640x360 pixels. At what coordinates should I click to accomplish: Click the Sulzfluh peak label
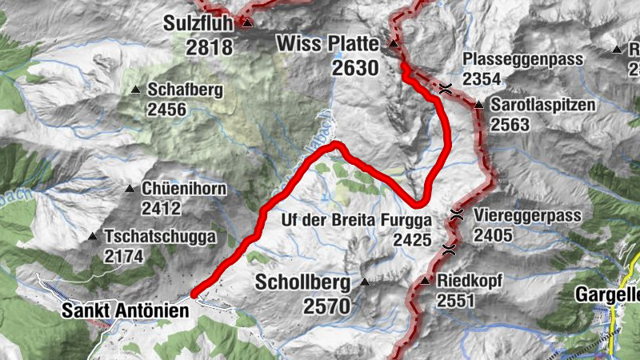(199, 22)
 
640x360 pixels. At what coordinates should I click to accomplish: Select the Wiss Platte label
(330, 44)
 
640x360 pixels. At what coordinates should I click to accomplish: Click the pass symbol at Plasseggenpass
(446, 90)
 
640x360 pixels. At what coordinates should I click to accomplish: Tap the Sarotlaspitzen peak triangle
(478, 105)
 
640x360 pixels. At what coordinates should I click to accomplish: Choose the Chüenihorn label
(184, 189)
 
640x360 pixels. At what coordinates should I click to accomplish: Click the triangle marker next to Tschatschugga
(93, 237)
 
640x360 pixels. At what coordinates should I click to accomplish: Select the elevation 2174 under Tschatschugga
(123, 256)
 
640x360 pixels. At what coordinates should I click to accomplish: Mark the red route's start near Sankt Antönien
(194, 294)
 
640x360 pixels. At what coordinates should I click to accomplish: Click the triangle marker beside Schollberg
(365, 282)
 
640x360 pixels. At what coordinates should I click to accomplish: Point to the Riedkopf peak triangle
(426, 281)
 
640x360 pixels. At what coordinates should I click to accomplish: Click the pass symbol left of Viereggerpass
(457, 214)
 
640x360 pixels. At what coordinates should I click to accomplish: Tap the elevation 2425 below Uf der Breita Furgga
(412, 238)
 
